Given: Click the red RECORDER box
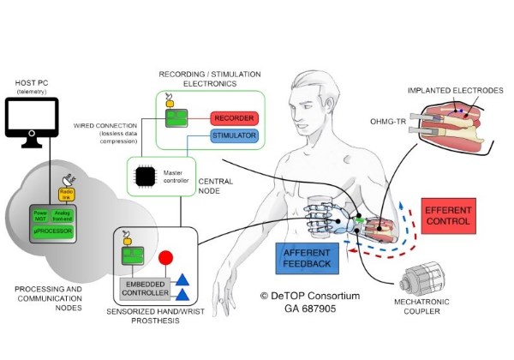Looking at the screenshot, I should point(234,117).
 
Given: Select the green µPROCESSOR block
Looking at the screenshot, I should point(55,232).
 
